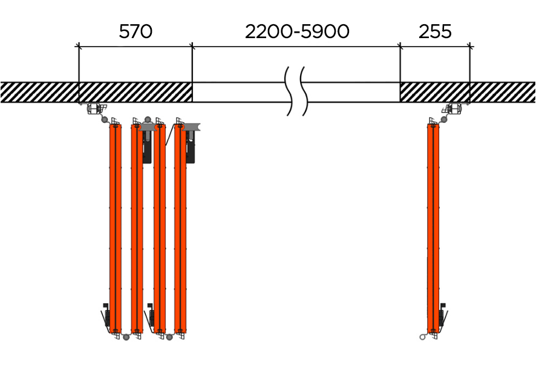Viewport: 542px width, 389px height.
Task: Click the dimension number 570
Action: click(x=135, y=31)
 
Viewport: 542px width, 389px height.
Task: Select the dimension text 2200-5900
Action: click(x=297, y=31)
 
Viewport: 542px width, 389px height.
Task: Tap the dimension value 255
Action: click(x=435, y=31)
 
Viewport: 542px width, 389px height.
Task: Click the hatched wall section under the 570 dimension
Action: click(x=135, y=93)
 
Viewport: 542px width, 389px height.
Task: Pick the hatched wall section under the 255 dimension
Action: click(x=435, y=93)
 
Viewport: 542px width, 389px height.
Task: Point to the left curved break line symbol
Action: click(x=289, y=91)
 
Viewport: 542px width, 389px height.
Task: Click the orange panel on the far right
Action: click(x=433, y=229)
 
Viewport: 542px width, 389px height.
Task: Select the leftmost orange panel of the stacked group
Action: click(x=116, y=229)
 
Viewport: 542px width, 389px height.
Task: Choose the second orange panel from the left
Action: click(x=137, y=229)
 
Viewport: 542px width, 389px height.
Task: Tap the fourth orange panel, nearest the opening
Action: click(x=180, y=229)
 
